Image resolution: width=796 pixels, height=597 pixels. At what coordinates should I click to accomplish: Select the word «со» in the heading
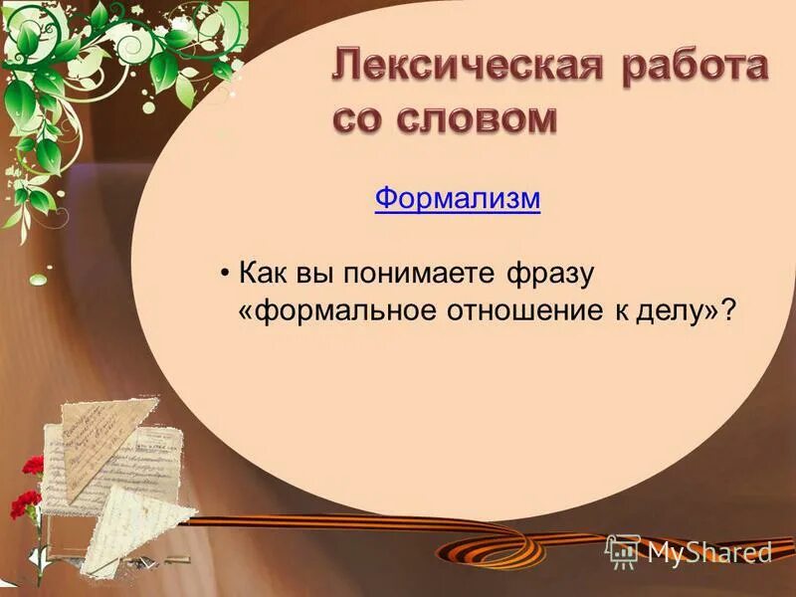tap(360, 118)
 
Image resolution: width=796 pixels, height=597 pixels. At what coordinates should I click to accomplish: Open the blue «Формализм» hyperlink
tap(458, 199)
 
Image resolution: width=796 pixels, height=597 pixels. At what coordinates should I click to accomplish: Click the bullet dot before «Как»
tap(227, 273)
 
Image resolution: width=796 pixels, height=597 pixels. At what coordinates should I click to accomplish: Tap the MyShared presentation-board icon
tap(623, 550)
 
